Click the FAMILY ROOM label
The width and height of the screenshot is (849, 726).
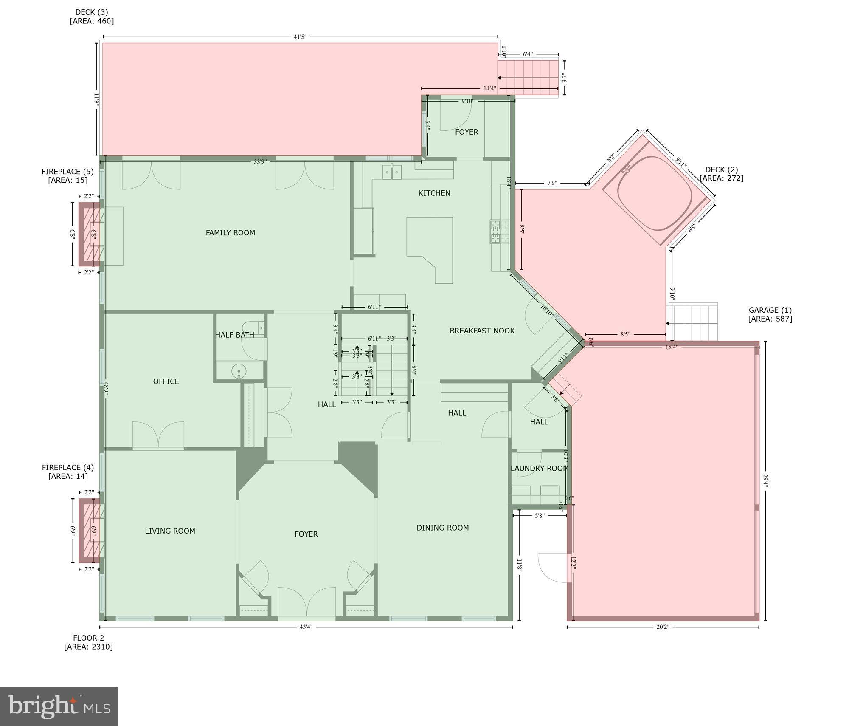pyautogui.click(x=230, y=233)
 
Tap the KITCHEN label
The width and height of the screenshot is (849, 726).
pyautogui.click(x=434, y=193)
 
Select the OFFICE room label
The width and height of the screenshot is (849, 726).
pyautogui.click(x=166, y=381)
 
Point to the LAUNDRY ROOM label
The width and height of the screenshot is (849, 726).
pyautogui.click(x=539, y=469)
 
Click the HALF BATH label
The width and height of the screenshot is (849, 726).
pyautogui.click(x=234, y=335)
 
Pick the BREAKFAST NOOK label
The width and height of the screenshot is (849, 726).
pyautogui.click(x=482, y=331)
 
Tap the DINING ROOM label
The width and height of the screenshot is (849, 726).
pyautogui.click(x=442, y=528)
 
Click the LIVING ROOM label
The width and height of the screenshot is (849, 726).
pyautogui.click(x=170, y=531)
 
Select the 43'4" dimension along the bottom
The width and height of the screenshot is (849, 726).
pyautogui.click(x=306, y=627)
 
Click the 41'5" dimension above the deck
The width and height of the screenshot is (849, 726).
pyautogui.click(x=300, y=37)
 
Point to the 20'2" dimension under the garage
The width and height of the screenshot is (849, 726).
pyautogui.click(x=662, y=627)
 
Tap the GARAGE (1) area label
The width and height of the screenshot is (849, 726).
pyautogui.click(x=770, y=314)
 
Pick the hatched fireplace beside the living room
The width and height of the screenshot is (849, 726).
pyautogui.click(x=90, y=531)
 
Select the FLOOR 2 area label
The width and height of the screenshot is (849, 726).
pyautogui.click(x=88, y=642)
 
